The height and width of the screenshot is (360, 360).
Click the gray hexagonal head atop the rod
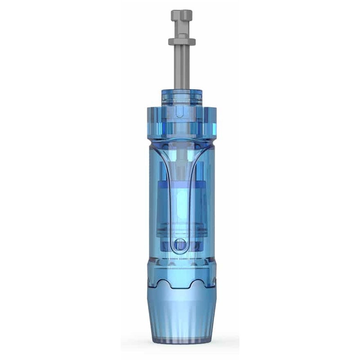[x=181, y=15]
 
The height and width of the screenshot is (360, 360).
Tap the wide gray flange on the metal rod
[x=181, y=42]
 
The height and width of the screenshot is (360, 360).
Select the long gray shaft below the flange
[x=181, y=63]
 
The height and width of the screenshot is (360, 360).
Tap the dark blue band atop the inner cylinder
[x=180, y=185]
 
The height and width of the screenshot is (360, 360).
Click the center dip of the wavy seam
[x=181, y=287]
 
